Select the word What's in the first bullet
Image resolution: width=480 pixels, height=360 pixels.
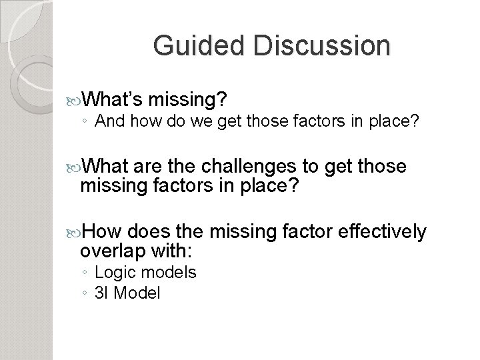click(111, 100)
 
